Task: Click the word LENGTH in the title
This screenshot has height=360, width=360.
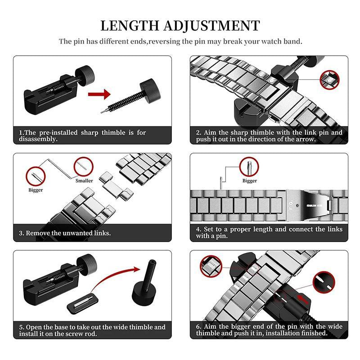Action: pyautogui.click(x=130, y=26)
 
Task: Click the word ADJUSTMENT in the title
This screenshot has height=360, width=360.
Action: pyautogui.click(x=211, y=26)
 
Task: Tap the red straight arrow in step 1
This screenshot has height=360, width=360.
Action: pyautogui.click(x=99, y=94)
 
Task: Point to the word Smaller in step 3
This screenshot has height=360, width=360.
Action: pyautogui.click(x=84, y=181)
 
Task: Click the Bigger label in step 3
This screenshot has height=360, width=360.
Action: pyautogui.click(x=36, y=190)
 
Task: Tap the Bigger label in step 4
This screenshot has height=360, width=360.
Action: pyautogui.click(x=250, y=181)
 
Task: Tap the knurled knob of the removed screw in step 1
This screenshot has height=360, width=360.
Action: pyautogui.click(x=150, y=88)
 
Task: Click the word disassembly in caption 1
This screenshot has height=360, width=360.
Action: pyautogui.click(x=38, y=139)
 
